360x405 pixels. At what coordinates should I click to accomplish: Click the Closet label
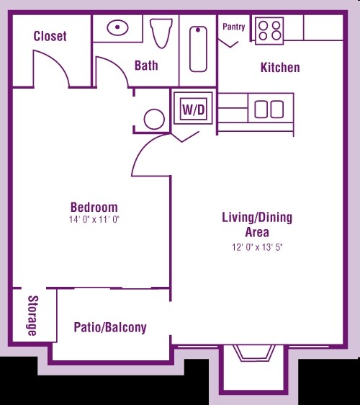[50, 36]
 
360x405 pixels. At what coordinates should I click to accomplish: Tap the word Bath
[146, 66]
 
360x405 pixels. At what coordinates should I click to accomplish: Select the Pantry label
[234, 27]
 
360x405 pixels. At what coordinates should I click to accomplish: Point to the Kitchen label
[280, 68]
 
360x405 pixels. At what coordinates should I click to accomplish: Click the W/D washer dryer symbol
[193, 109]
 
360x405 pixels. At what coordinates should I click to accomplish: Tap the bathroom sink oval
[117, 27]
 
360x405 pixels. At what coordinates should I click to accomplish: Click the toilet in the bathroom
[161, 32]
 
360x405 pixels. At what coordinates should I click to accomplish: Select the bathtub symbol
[198, 49]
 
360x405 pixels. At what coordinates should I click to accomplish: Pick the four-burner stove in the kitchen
[269, 31]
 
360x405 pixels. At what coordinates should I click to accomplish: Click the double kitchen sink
[269, 110]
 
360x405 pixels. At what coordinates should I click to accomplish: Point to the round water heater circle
[154, 120]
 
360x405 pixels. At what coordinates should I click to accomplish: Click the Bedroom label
[94, 207]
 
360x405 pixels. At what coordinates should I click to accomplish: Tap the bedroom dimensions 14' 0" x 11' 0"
[94, 220]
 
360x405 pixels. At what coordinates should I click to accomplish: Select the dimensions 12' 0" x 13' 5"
[258, 247]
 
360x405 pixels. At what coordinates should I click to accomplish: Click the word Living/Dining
[257, 218]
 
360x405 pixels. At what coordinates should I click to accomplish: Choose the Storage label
[33, 316]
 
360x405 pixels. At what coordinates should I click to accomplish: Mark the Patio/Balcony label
[110, 327]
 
